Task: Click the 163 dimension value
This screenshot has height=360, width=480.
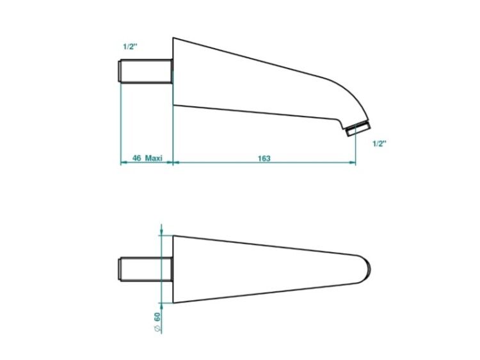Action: click(264, 159)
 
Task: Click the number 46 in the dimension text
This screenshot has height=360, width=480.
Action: click(136, 158)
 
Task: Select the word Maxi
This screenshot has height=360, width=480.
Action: click(154, 158)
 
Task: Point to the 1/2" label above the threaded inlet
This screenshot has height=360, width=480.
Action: click(130, 47)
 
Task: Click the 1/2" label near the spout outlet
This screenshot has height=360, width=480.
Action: click(380, 143)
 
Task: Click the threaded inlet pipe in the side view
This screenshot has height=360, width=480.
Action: click(145, 71)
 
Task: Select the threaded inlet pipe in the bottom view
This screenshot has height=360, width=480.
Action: click(145, 269)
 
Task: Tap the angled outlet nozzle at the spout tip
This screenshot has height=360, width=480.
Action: click(358, 129)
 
